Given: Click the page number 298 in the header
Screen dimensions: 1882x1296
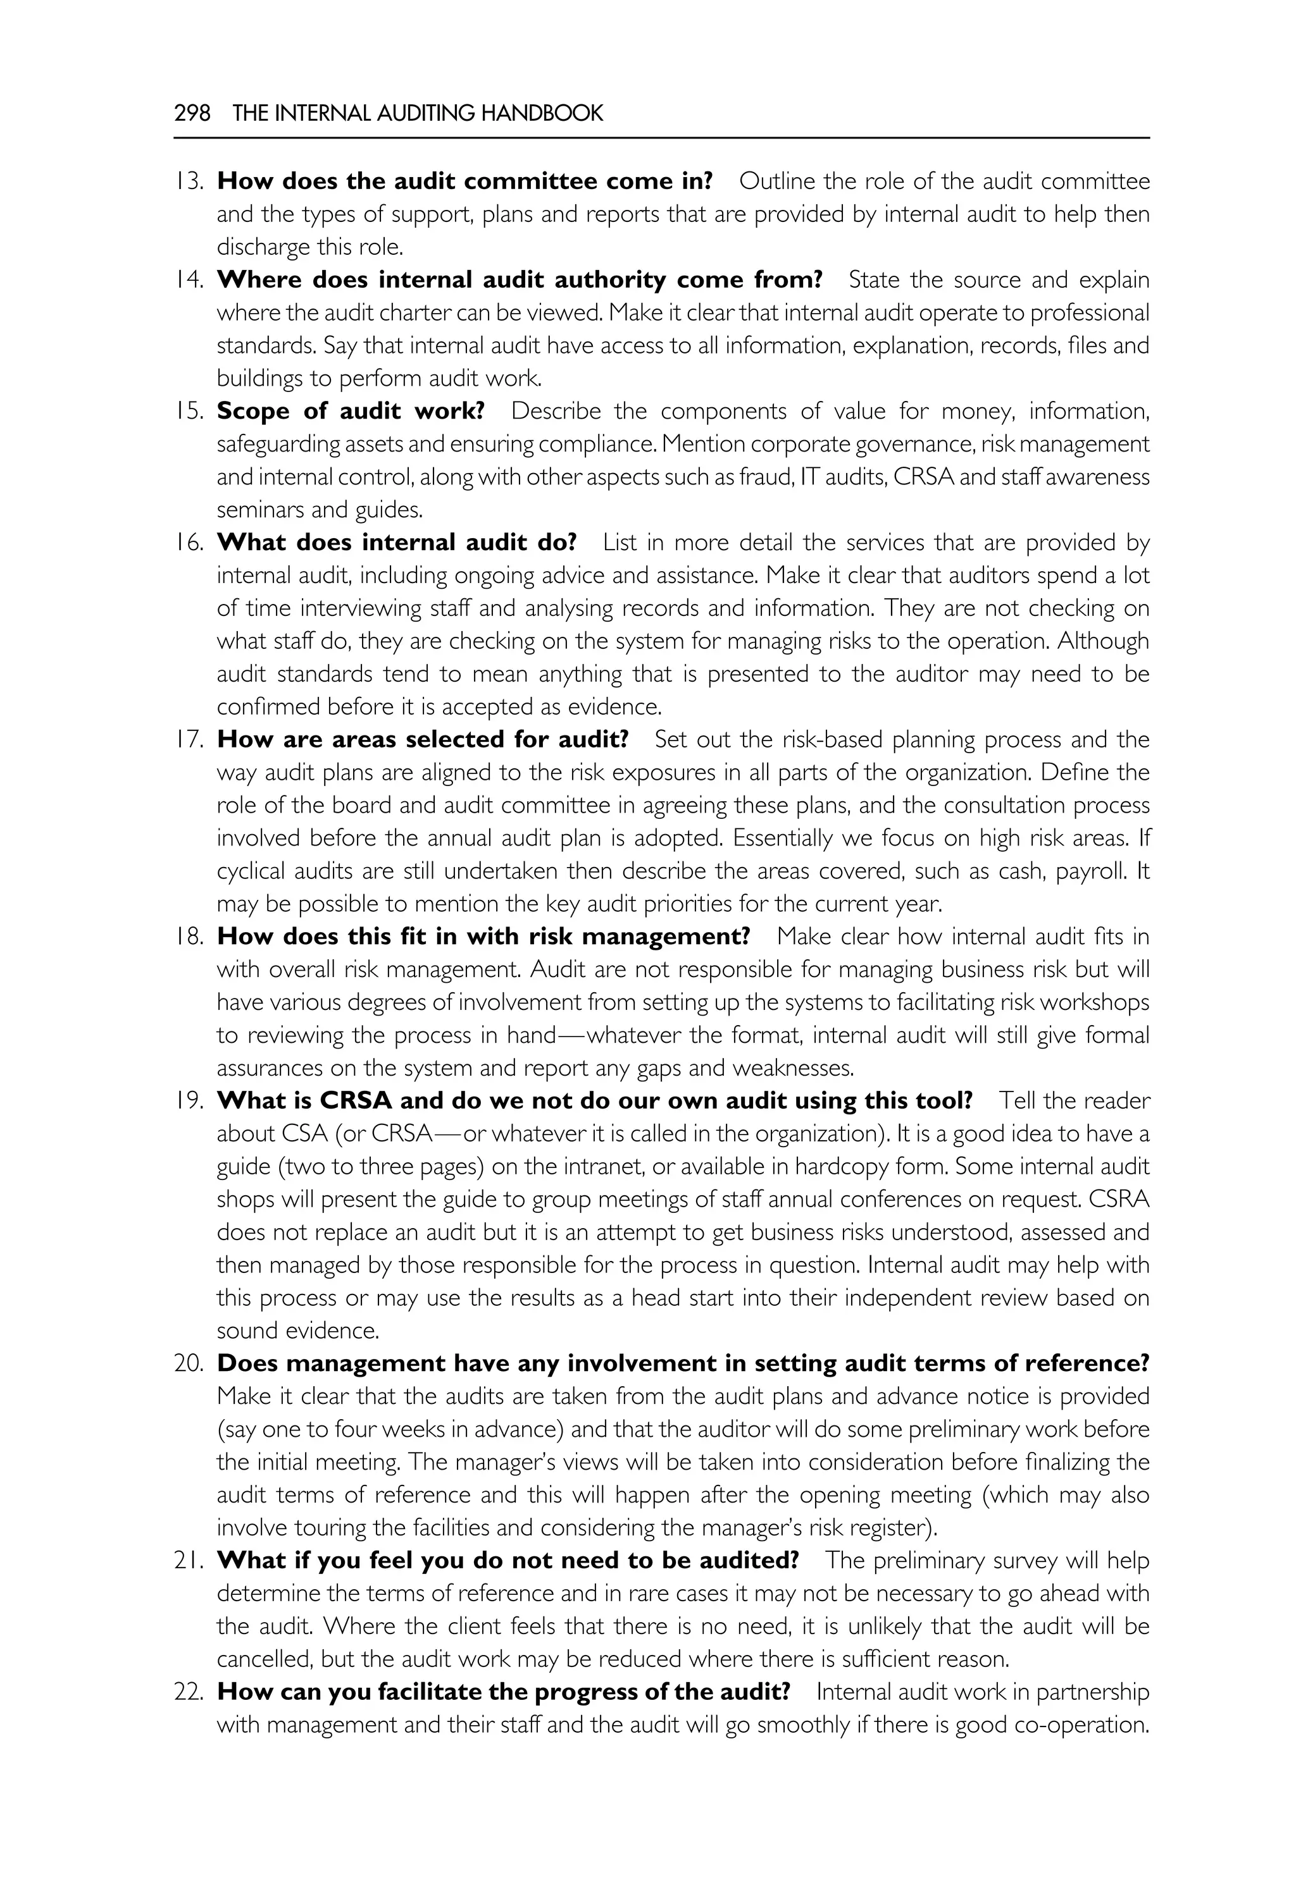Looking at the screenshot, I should [192, 113].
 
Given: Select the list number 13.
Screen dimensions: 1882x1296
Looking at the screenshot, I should [189, 181].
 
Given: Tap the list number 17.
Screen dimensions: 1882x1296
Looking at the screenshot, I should [189, 739].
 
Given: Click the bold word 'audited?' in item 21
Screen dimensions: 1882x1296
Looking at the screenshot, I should [751, 1560].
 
